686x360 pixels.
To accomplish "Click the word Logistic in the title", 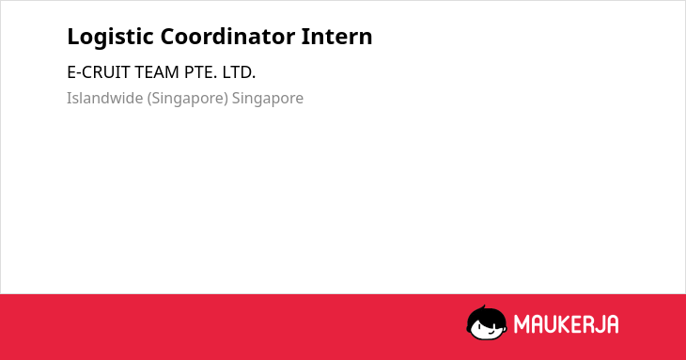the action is pos(110,38).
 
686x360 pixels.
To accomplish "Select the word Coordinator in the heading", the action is pos(227,37).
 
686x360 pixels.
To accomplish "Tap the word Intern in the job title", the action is pos(336,37).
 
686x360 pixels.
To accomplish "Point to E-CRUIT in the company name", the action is pos(99,72).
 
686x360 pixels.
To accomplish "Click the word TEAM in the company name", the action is pos(157,72).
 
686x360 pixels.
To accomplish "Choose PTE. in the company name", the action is pos(200,72).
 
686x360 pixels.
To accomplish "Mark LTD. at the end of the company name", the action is pos(239,72).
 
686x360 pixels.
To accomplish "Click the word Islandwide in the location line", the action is pos(105,98).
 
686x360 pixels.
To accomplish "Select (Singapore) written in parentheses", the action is pos(187,99).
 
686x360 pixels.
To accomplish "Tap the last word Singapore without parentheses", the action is pos(267,99).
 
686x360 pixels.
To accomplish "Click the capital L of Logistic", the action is pos(73,37).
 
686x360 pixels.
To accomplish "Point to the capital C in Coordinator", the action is pos(168,37).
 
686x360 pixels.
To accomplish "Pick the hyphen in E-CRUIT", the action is pos(78,73).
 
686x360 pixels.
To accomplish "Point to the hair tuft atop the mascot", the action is pos(483,307).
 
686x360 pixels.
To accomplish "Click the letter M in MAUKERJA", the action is pos(522,324).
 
